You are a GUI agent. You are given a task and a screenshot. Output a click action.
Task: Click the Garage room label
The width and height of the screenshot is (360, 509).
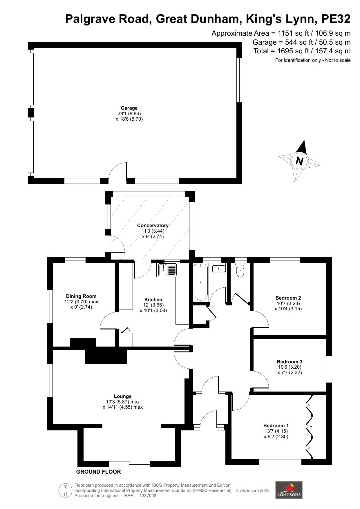pyautogui.click(x=129, y=108)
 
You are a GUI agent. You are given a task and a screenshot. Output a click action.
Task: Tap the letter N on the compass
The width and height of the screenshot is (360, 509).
pyautogui.click(x=299, y=161)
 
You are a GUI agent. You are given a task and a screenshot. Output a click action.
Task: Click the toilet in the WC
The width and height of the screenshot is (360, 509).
pyautogui.click(x=240, y=270)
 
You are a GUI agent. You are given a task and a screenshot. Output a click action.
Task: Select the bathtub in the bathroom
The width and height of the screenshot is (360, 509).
pyautogui.click(x=201, y=282)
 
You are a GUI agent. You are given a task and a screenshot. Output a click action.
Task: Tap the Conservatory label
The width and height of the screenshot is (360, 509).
pyautogui.click(x=153, y=225)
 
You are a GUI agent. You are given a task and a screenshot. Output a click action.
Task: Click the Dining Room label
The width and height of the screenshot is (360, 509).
pyautogui.click(x=81, y=296)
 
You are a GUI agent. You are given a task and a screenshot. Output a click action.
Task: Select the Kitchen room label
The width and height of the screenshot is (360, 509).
pyautogui.click(x=153, y=300)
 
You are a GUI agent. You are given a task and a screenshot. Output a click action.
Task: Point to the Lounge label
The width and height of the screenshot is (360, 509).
pyautogui.click(x=123, y=396)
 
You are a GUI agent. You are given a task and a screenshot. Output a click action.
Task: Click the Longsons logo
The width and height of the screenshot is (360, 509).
pyautogui.click(x=289, y=490)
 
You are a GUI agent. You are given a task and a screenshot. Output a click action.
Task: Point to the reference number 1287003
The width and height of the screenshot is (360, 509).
pyautogui.click(x=148, y=496)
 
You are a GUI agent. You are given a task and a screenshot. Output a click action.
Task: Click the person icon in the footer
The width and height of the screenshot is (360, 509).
pyautogui.click(x=66, y=490)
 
